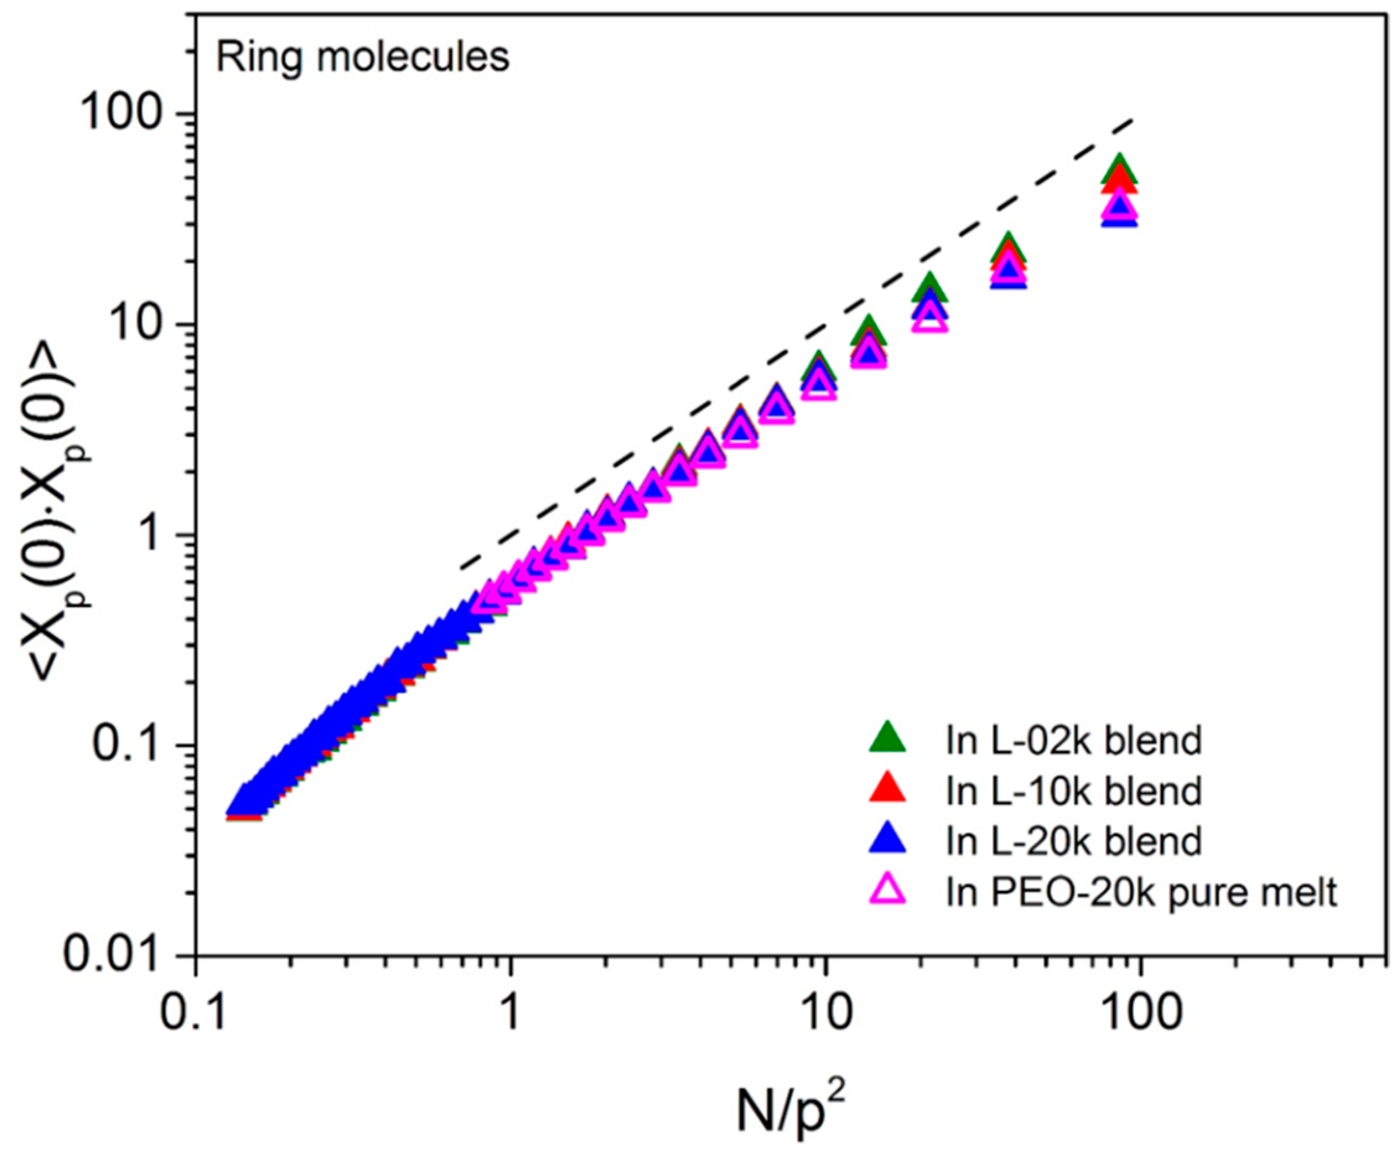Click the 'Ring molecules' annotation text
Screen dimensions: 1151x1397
tap(362, 58)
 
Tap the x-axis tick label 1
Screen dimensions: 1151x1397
tap(510, 1013)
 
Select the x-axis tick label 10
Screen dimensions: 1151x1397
tap(825, 1013)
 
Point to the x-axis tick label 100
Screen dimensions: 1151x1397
tap(1140, 1013)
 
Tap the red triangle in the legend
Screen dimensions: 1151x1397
tap(887, 790)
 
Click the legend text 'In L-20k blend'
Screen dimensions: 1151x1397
tap(1074, 841)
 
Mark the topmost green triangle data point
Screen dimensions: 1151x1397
tap(1120, 170)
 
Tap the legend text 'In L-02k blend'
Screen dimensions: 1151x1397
tap(1074, 740)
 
